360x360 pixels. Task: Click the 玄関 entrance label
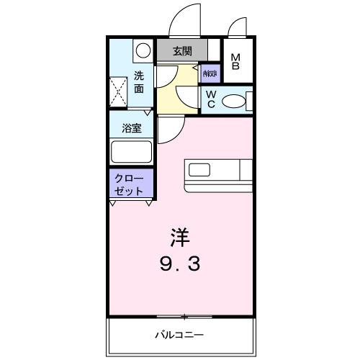point(182,51)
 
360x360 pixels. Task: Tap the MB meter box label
point(236,62)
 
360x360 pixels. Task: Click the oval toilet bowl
point(234,102)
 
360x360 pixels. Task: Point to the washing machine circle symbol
point(143,50)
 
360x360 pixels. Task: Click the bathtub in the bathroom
point(130,152)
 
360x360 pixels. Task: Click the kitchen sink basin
point(199,171)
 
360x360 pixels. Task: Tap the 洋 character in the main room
point(180,235)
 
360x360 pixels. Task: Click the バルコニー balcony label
point(180,334)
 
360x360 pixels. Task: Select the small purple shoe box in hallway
point(210,73)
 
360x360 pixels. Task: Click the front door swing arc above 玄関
point(185,20)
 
